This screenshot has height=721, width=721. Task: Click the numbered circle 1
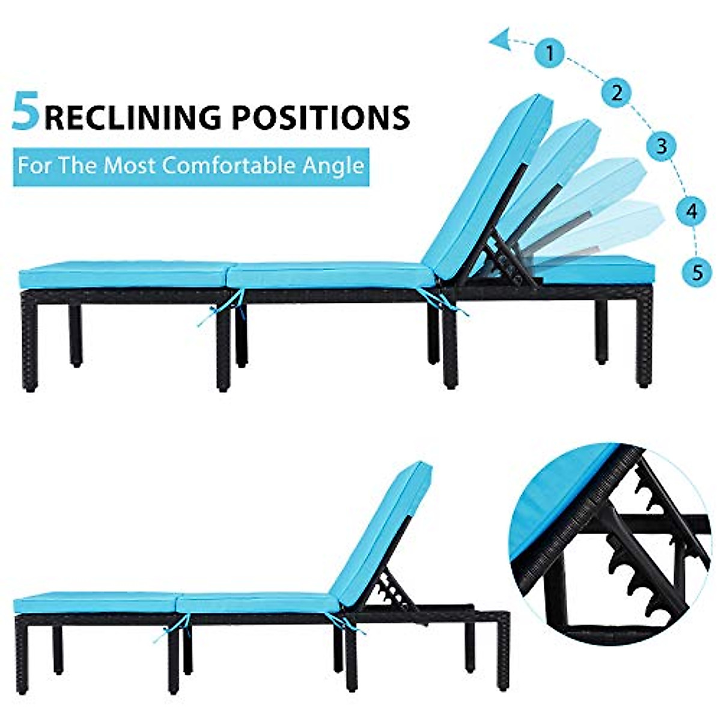pyautogui.click(x=550, y=52)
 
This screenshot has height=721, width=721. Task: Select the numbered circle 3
pyautogui.click(x=662, y=145)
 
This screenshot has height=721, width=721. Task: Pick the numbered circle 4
pyautogui.click(x=692, y=211)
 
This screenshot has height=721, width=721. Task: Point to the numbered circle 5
pyautogui.click(x=697, y=272)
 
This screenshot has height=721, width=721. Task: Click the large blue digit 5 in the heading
pyautogui.click(x=26, y=112)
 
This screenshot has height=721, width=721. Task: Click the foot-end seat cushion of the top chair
pyautogui.click(x=123, y=276)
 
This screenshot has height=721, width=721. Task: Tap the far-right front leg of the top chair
pyautogui.click(x=643, y=342)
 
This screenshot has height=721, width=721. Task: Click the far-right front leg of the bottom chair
pyautogui.click(x=502, y=655)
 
